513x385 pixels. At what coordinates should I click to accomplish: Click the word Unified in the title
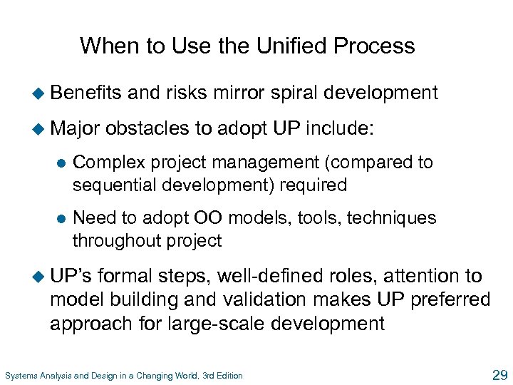(x=272, y=46)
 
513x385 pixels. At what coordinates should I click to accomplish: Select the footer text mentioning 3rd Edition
(x=123, y=376)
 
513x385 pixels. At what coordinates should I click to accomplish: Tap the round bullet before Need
(x=61, y=218)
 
